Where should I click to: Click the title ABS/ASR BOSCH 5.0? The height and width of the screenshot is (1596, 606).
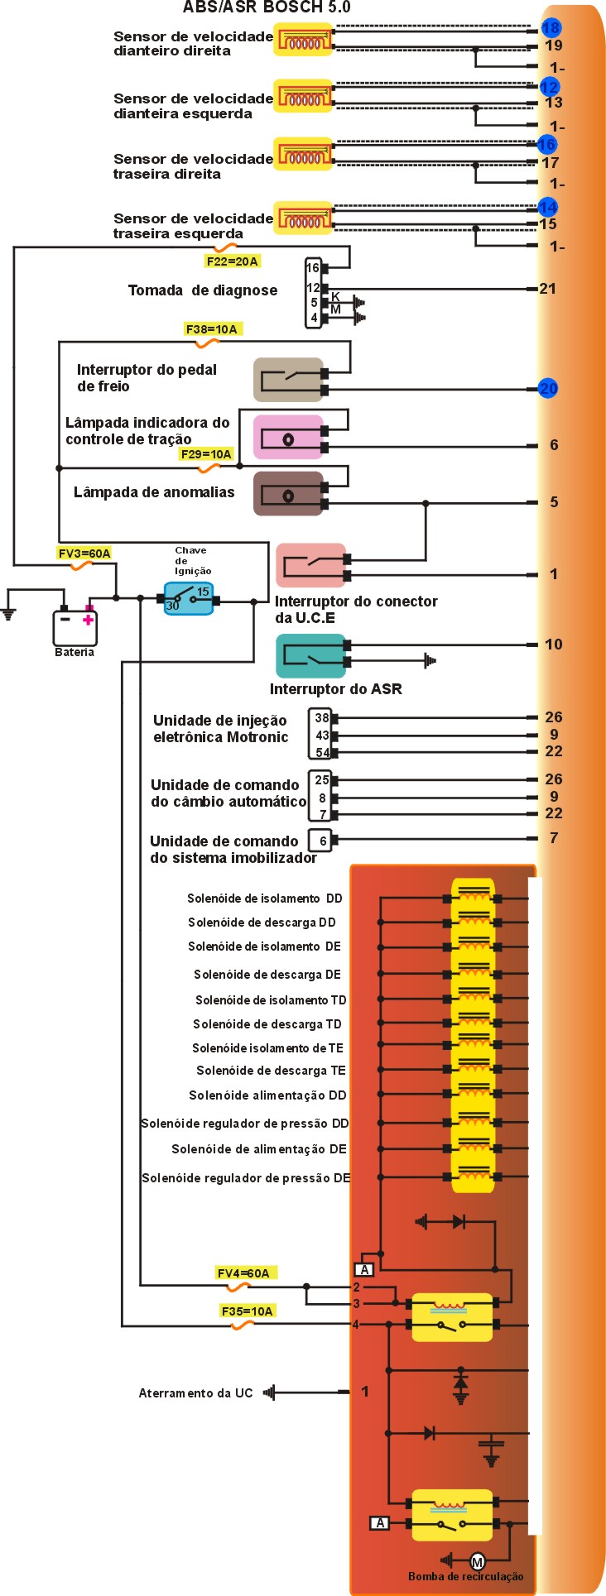click(266, 7)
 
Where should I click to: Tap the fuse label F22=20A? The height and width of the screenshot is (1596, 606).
click(232, 261)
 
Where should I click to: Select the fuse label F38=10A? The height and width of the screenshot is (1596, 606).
click(212, 329)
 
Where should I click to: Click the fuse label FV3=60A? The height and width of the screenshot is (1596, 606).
click(84, 553)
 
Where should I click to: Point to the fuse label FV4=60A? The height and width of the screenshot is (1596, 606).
click(243, 1272)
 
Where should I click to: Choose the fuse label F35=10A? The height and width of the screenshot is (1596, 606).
click(247, 1311)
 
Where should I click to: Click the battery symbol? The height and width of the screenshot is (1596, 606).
click(75, 627)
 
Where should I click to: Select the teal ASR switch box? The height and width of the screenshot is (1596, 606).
click(310, 656)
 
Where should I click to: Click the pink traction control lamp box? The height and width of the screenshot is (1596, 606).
click(287, 438)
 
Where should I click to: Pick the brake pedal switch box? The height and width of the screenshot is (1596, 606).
click(287, 380)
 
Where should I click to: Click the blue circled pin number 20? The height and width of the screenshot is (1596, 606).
click(548, 388)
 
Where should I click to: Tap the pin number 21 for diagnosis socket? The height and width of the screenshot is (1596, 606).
click(547, 289)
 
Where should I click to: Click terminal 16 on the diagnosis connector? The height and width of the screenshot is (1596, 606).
click(313, 268)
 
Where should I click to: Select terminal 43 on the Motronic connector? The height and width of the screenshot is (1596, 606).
click(321, 735)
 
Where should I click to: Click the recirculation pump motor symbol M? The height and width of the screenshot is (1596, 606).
click(477, 1561)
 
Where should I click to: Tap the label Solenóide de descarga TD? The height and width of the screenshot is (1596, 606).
click(267, 1023)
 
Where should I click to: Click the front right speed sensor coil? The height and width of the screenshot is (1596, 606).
click(303, 39)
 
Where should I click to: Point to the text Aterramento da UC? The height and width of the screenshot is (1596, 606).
click(195, 1392)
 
